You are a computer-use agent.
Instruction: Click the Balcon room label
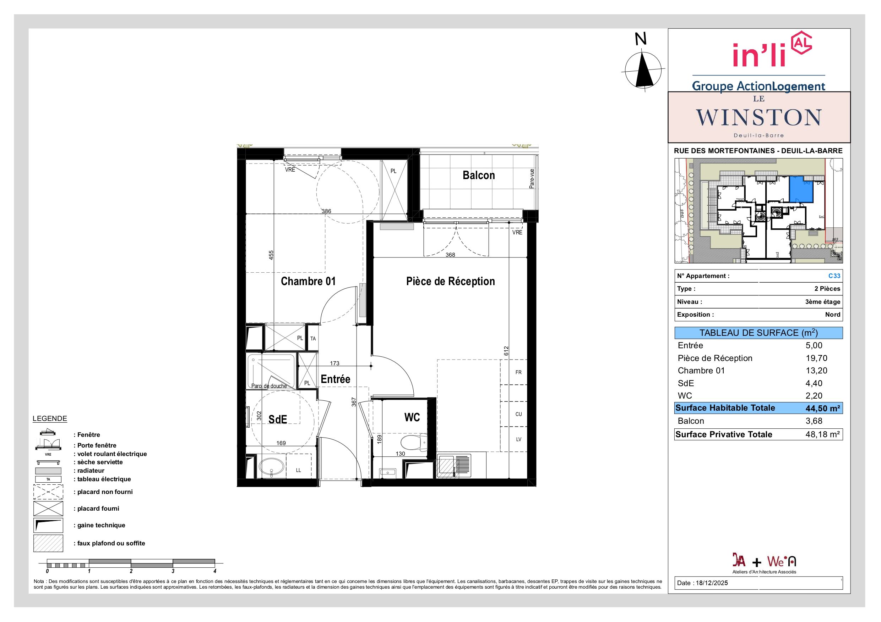coord(478,175)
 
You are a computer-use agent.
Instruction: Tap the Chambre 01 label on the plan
coord(308,281)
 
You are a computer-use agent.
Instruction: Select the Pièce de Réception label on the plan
coord(451,281)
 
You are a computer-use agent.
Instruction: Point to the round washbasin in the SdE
coord(272,467)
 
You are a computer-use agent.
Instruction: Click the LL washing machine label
coord(299,470)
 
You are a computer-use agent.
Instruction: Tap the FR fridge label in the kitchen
coord(518,372)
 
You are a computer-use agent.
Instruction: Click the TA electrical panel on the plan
coord(313,338)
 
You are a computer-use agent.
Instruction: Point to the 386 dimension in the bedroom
coord(326,211)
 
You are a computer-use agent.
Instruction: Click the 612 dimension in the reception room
coord(506,350)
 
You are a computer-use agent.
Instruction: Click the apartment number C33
coord(834,276)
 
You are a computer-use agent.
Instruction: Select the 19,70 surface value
coord(816,358)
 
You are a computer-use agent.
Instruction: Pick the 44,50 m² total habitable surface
coord(823,409)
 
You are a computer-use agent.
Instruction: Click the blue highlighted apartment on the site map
coord(801,190)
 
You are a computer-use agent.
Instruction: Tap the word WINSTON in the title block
coord(758,117)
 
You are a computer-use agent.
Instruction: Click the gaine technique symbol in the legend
coord(48,526)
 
